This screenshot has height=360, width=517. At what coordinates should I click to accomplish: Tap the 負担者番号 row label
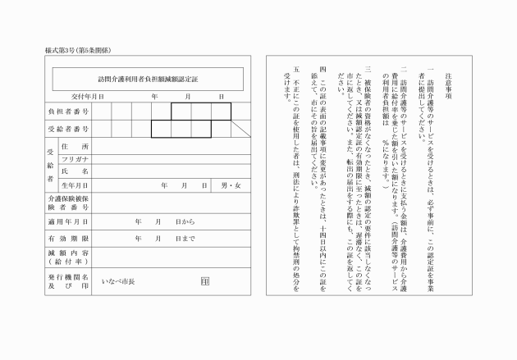tap(69, 111)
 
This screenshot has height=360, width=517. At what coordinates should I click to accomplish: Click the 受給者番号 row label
tap(69, 129)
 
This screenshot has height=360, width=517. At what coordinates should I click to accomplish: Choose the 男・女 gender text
tap(232, 185)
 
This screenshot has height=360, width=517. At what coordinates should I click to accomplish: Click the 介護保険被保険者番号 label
tap(69, 203)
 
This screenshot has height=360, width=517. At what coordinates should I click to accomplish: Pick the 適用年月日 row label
tap(69, 221)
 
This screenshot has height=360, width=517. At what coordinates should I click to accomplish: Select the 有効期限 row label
tap(69, 238)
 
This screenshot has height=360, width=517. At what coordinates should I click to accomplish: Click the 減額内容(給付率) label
tap(69, 257)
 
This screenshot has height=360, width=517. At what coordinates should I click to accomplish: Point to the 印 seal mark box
tap(204, 280)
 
